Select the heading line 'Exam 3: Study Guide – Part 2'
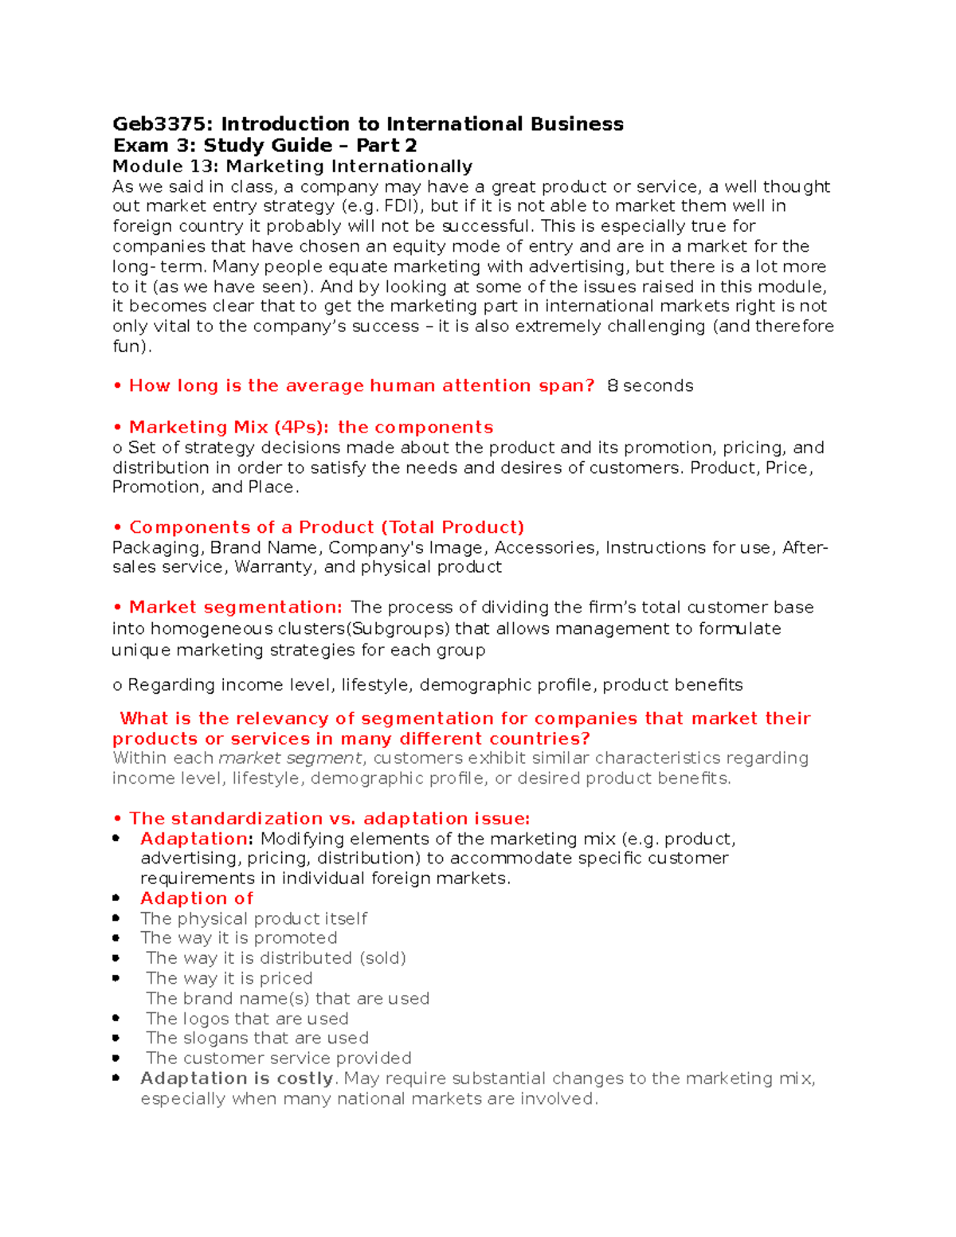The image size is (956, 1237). [x=264, y=146]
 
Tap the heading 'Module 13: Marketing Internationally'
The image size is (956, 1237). [x=292, y=166]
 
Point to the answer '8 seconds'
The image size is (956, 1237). [x=650, y=386]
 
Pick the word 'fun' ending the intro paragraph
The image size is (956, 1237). [x=127, y=346]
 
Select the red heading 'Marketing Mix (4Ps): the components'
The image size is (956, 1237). [x=311, y=428]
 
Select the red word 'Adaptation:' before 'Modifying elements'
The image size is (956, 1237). [x=197, y=839]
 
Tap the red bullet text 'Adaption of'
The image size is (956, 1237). [x=197, y=898]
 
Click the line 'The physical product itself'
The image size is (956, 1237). [x=253, y=918]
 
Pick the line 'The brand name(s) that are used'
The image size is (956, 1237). [x=288, y=999]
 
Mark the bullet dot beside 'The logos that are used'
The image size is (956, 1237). [x=116, y=1018]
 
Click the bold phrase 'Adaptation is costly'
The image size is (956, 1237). [x=237, y=1078]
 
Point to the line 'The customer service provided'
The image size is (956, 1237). [x=279, y=1059]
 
